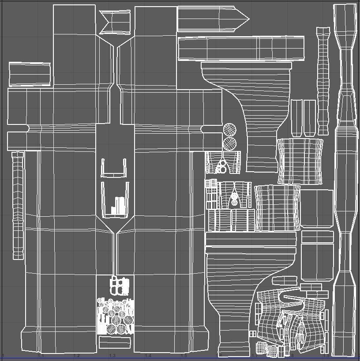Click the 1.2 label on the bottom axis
click(x=76, y=356)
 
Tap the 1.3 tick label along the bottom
click(x=112, y=356)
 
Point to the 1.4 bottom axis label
click(x=148, y=356)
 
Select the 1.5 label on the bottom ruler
click(x=184, y=356)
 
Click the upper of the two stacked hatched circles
click(x=229, y=130)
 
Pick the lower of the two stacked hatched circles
click(x=229, y=143)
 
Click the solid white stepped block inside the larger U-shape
click(x=118, y=205)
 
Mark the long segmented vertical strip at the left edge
click(x=18, y=205)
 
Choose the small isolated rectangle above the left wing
click(x=30, y=74)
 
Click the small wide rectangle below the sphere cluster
click(x=115, y=342)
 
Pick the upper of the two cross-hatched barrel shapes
click(x=300, y=161)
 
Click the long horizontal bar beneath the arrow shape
click(x=242, y=49)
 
